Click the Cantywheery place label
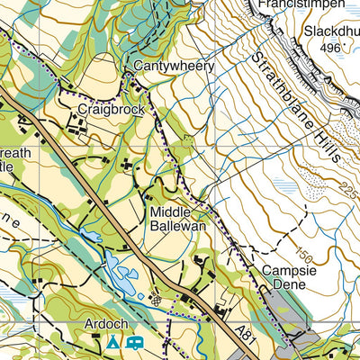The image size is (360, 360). [174, 67]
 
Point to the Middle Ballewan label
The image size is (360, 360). [178, 219]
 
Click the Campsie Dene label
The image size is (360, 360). [284, 277]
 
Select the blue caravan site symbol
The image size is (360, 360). [136, 343]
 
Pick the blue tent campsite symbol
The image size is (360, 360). [112, 343]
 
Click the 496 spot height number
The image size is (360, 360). [333, 48]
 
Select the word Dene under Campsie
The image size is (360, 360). [284, 284]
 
